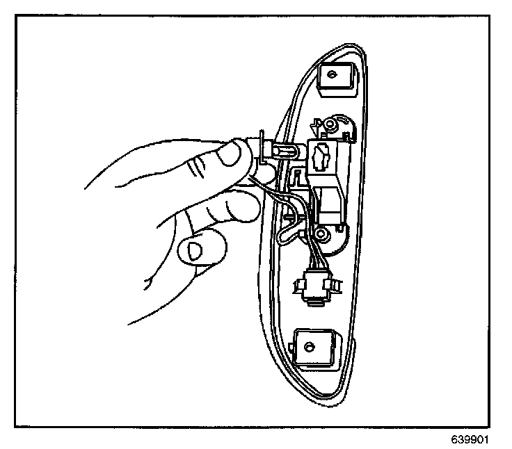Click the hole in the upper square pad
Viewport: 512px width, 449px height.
tap(331, 73)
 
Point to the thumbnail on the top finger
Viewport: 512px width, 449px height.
tap(227, 156)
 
